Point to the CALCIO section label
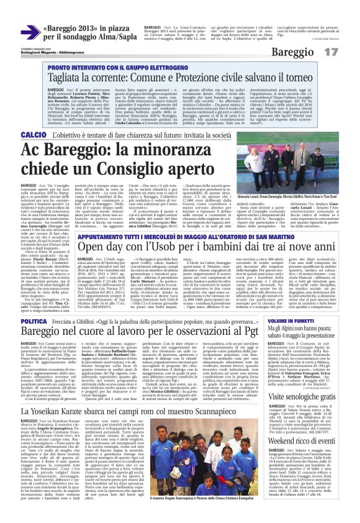tap(18, 135)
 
